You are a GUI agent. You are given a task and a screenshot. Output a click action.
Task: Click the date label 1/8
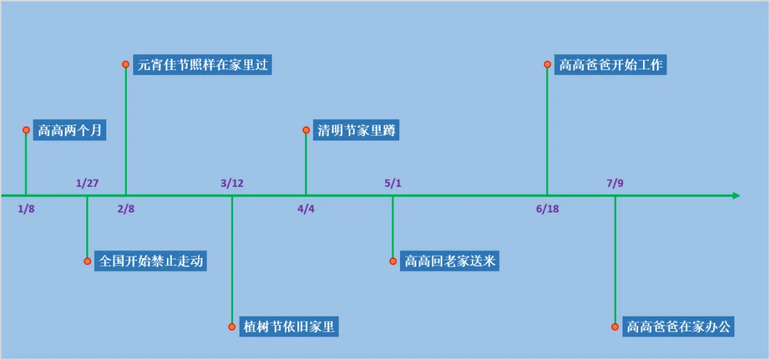pos(26,209)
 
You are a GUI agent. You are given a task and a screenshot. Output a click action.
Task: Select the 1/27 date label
pos(88,184)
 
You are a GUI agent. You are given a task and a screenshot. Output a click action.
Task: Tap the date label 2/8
pos(125,209)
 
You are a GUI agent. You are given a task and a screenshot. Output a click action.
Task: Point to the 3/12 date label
pos(232,184)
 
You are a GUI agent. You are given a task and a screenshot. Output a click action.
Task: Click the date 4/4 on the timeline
pos(306,209)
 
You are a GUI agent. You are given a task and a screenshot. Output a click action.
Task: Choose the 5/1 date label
pos(393,184)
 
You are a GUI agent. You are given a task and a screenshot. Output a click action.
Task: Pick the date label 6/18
pos(548,209)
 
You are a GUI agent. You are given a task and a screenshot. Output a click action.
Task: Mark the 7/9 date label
pos(615,184)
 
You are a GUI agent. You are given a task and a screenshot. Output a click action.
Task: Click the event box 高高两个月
pos(70,130)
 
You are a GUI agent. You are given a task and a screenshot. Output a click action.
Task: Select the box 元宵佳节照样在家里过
pos(202,65)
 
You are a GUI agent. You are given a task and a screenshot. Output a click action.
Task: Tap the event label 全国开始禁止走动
pos(150,261)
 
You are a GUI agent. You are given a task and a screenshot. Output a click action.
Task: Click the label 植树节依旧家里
pos(289,326)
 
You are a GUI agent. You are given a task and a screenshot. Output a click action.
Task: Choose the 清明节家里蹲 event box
pos(356,130)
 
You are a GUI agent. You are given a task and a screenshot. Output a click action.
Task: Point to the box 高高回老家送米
pos(449,262)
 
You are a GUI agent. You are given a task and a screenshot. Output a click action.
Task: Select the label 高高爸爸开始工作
pos(610,65)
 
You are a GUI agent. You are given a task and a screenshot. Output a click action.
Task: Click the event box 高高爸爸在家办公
pos(678,326)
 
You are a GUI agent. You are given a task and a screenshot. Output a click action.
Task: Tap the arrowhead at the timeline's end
pos(736,195)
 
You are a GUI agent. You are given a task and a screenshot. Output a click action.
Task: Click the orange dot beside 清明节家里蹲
pos(306,130)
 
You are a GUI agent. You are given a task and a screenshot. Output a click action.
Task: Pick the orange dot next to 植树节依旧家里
pos(232,326)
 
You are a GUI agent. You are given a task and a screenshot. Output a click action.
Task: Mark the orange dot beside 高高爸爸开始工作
pos(548,64)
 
